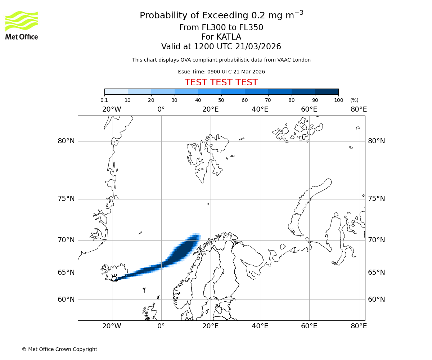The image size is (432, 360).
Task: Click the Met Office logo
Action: tap(22, 25)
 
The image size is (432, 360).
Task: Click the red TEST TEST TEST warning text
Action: tap(221, 82)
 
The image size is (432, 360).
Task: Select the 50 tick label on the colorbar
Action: tap(221, 100)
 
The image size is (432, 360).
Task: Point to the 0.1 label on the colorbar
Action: tap(104, 100)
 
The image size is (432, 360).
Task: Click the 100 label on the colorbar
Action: tap(338, 100)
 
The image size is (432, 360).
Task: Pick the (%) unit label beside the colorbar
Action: tap(354, 100)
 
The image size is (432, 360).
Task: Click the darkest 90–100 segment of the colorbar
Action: tap(327, 91)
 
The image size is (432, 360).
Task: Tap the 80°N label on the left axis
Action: tap(66, 141)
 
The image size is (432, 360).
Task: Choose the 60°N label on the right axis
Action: tap(376, 299)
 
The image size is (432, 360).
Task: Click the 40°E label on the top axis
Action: tap(260, 109)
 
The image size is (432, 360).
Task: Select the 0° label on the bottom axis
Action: tap(161, 326)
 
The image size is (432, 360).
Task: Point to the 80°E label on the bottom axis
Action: tap(359, 326)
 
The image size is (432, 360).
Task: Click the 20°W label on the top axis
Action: tap(112, 109)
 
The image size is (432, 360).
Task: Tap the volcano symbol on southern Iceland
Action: tap(114, 278)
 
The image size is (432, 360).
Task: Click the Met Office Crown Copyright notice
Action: tap(59, 349)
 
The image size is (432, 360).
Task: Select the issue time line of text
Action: tap(221, 72)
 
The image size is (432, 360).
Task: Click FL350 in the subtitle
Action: tap(251, 28)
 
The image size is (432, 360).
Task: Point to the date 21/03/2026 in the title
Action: tap(258, 46)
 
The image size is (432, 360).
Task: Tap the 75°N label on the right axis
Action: tap(376, 199)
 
